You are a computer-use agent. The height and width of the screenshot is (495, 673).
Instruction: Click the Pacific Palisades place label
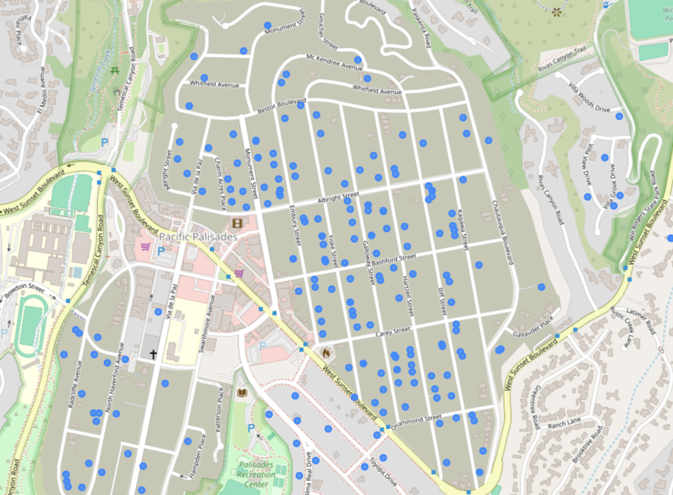pos(198,236)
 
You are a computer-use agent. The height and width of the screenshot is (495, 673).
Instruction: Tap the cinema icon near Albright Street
pos(236,224)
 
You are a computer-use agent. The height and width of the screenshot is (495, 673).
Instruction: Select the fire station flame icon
pos(325,353)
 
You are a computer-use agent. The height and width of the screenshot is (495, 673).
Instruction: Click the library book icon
pos(242,392)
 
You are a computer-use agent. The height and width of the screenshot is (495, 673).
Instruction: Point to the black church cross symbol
pos(153,354)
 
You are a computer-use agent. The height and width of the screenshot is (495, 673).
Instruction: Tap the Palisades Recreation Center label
pos(256,475)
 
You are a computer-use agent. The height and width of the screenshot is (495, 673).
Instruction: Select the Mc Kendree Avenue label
pos(335,62)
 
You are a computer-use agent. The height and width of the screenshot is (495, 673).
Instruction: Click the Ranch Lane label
pos(565,423)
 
